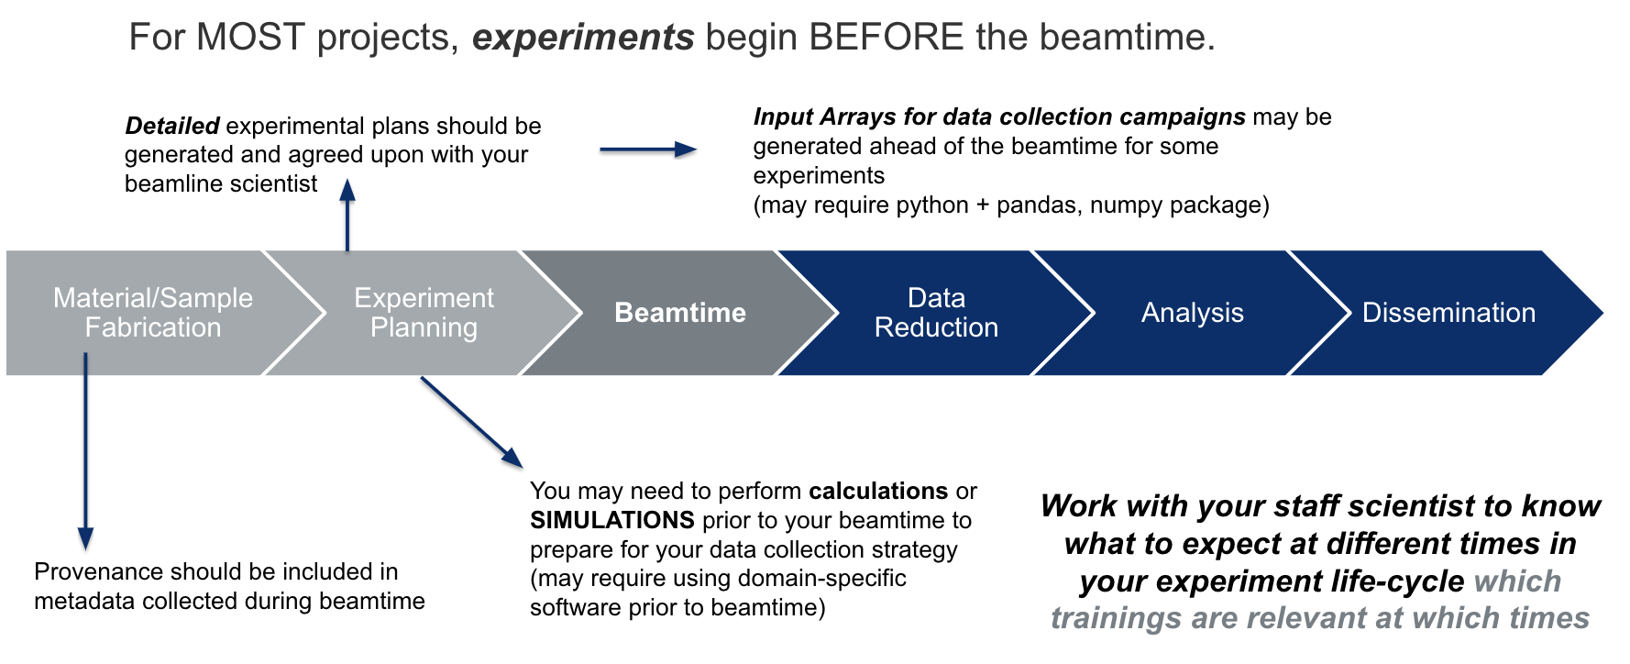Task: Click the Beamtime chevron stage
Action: pyautogui.click(x=679, y=313)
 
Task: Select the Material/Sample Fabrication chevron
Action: pyautogui.click(x=152, y=313)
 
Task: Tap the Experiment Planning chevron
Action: pyautogui.click(x=424, y=313)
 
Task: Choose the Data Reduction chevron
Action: pyautogui.click(x=936, y=313)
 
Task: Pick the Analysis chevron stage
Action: pyautogui.click(x=1192, y=313)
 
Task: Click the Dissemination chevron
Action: pyautogui.click(x=1448, y=313)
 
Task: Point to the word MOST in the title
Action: pyautogui.click(x=250, y=38)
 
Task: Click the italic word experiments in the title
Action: pyautogui.click(x=583, y=38)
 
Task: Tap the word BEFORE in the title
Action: pyautogui.click(x=886, y=38)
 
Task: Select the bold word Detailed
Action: pyautogui.click(x=171, y=126)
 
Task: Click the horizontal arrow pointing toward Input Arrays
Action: pyautogui.click(x=648, y=149)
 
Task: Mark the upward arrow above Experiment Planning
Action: pyautogui.click(x=347, y=215)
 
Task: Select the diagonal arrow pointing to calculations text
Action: pyautogui.click(x=471, y=422)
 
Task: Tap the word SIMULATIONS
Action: pyautogui.click(x=611, y=520)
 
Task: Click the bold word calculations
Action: pyautogui.click(x=877, y=491)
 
